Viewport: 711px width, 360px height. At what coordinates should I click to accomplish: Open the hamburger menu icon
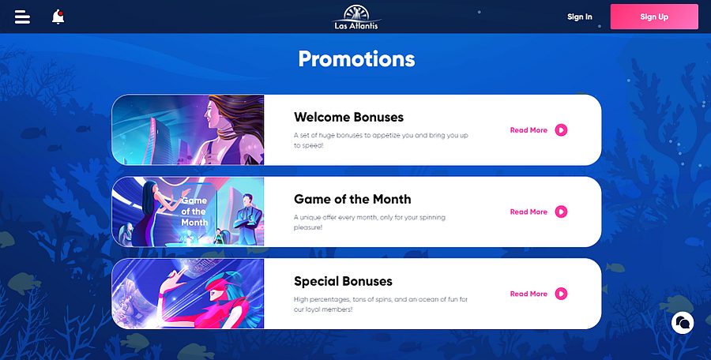tap(22, 17)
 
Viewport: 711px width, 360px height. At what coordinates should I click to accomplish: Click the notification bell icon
tap(58, 17)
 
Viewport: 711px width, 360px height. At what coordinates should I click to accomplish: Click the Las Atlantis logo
tap(355, 17)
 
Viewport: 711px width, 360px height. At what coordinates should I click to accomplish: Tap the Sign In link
tap(579, 17)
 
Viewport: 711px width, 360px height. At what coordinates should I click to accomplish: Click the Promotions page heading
tap(356, 59)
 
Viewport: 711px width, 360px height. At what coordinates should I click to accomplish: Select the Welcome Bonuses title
tap(348, 117)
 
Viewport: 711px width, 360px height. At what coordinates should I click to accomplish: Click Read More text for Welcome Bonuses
tap(529, 130)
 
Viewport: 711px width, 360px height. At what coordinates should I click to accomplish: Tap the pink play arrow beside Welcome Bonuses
tap(561, 130)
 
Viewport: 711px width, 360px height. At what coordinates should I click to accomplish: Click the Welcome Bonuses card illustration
tap(189, 130)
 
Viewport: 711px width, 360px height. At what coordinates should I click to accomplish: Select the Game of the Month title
tap(352, 199)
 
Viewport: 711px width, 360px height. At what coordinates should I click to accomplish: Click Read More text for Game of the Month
tap(529, 212)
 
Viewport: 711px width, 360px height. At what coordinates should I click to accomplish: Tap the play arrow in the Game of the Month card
tap(561, 212)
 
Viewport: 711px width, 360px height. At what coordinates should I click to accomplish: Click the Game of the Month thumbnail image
tap(189, 212)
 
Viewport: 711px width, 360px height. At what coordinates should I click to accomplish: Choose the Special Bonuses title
tap(343, 281)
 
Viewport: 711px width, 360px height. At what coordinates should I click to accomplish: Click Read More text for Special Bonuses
tap(529, 294)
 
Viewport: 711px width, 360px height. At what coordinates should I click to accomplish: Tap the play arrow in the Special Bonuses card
tap(561, 294)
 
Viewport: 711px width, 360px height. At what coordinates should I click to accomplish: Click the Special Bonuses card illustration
tap(189, 294)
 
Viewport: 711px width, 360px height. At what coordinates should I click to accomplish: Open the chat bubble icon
tap(683, 322)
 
